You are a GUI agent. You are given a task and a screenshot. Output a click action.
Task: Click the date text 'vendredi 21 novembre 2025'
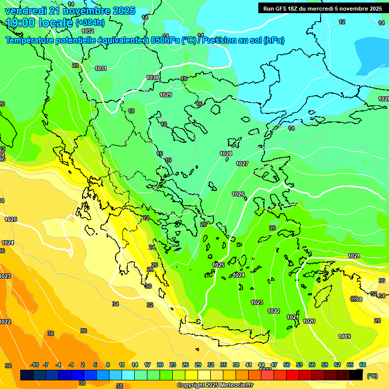[x=70, y=11]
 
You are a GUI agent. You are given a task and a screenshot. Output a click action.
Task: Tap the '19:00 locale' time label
[x=38, y=23]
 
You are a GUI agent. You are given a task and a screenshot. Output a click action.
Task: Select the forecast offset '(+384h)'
[x=90, y=23]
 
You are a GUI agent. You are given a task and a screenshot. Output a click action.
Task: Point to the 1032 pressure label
[x=88, y=31]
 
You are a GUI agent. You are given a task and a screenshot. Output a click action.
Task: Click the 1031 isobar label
[x=101, y=68]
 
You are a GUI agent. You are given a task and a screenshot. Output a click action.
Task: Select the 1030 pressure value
[x=152, y=77]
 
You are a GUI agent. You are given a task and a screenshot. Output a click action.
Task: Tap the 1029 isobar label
[x=166, y=95]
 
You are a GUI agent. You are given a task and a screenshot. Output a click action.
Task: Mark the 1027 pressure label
[x=242, y=164]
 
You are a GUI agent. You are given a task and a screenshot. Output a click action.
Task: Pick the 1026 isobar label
[x=238, y=194]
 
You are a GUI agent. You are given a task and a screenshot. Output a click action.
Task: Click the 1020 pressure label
[x=309, y=321]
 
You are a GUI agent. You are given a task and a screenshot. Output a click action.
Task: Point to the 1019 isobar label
[x=344, y=336]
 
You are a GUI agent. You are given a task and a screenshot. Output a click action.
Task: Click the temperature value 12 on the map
[x=342, y=22]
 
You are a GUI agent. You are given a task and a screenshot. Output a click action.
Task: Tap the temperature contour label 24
[x=152, y=247]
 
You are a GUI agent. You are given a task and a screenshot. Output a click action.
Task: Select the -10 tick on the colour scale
[x=35, y=365]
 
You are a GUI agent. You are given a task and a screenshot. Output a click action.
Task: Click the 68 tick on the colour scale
[x=363, y=365]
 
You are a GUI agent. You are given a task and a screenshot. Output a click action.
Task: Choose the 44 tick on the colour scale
[x=261, y=365]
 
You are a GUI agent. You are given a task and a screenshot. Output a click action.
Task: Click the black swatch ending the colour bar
[x=356, y=375]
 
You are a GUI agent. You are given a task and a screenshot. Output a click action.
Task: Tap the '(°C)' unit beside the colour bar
[x=372, y=376]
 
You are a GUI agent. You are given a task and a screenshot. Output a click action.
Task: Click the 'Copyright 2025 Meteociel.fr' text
[x=215, y=385]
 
